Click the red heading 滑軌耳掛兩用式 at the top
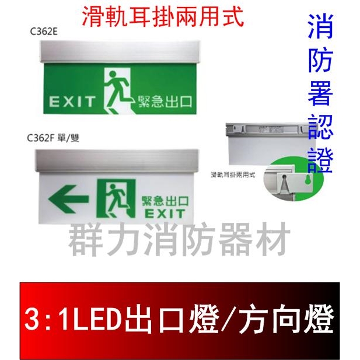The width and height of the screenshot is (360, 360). [163, 15]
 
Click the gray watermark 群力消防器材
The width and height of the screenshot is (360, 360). [179, 240]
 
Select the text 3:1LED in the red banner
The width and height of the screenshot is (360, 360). [70, 320]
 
